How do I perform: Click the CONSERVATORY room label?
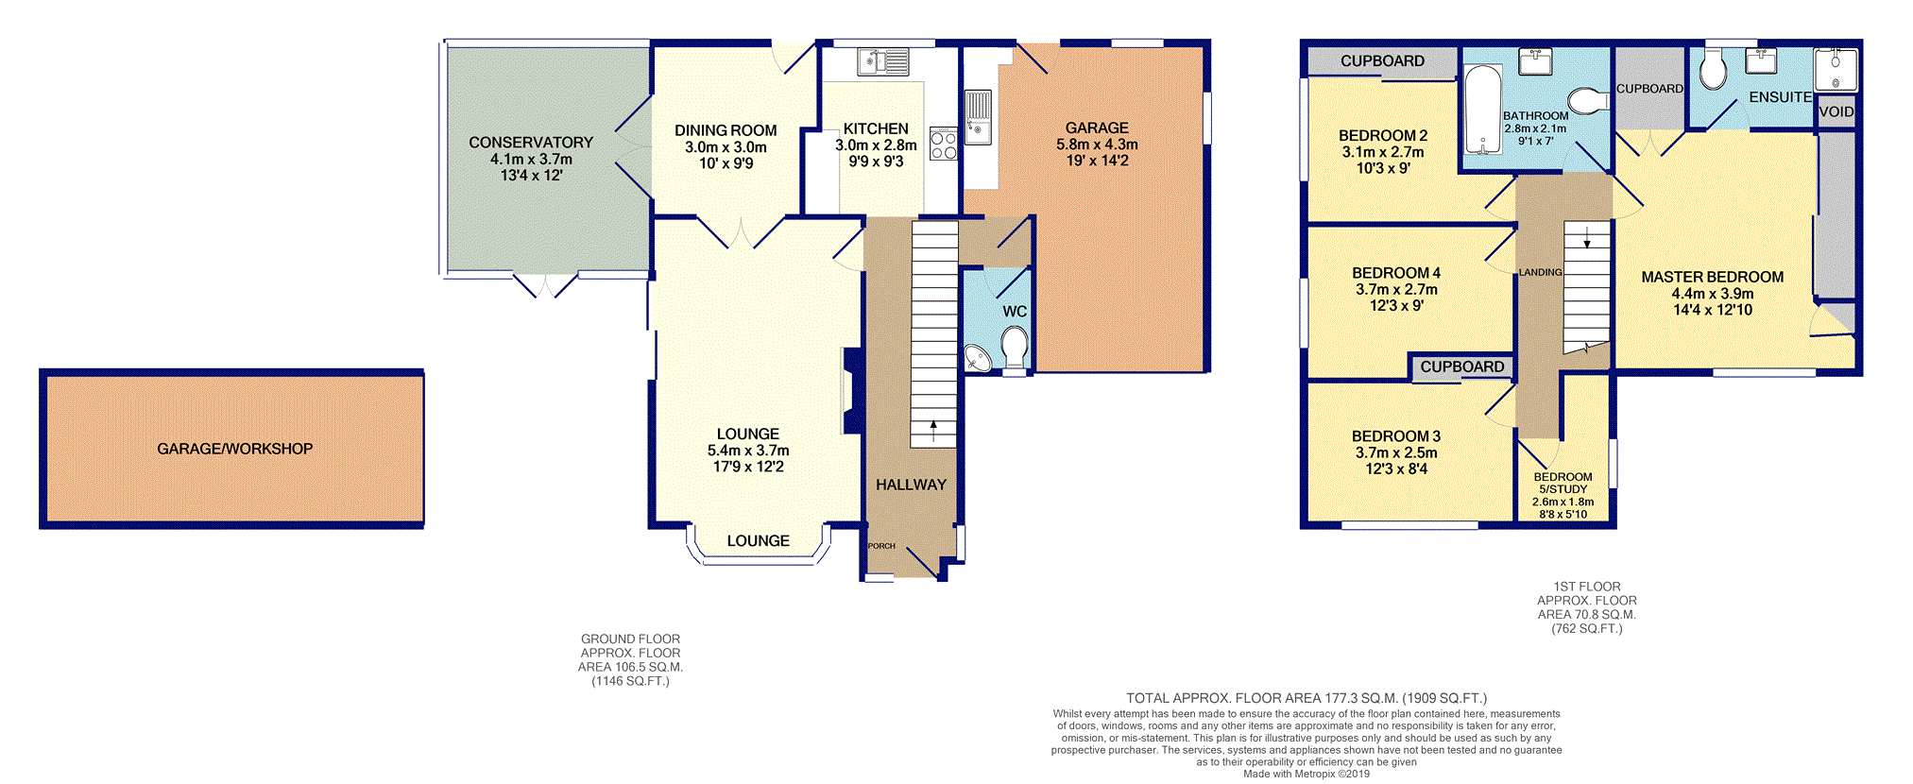[531, 143]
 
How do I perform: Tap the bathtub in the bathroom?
[1482, 110]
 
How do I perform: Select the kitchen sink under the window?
[883, 62]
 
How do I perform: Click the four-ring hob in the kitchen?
[944, 144]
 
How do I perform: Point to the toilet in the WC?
[1015, 347]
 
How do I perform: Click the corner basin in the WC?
[978, 358]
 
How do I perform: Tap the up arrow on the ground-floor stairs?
[933, 432]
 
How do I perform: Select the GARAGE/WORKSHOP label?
[234, 449]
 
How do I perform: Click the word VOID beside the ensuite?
[1836, 111]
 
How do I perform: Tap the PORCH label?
[881, 546]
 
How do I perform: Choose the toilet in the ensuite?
[1713, 69]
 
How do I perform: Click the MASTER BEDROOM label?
[1712, 277]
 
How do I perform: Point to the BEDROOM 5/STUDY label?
[1563, 483]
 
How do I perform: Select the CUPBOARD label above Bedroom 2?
[1382, 61]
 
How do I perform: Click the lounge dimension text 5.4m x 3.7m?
[748, 451]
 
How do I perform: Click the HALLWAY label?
[911, 485]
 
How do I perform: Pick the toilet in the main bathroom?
[1588, 100]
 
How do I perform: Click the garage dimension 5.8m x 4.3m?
[1097, 145]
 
